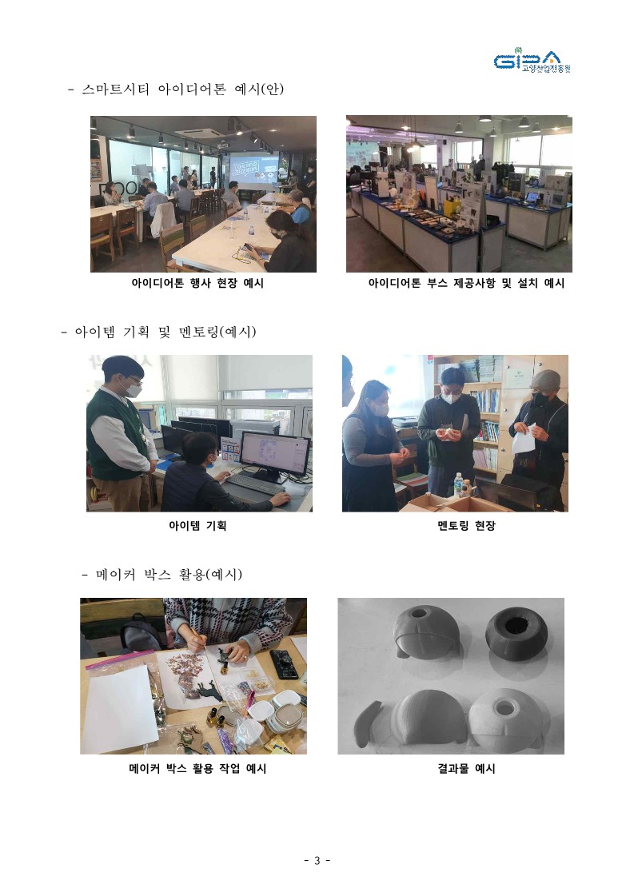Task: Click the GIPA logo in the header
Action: (x=532, y=61)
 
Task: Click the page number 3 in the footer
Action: (x=317, y=860)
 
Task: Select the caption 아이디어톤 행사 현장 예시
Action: (x=197, y=283)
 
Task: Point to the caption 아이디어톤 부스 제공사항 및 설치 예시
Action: (x=466, y=283)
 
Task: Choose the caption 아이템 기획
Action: (x=197, y=526)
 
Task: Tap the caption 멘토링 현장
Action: (x=466, y=526)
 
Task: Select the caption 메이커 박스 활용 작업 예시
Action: (x=197, y=769)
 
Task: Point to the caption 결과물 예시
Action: (x=466, y=769)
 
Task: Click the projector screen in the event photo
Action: (x=253, y=169)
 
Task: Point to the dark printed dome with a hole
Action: (x=516, y=632)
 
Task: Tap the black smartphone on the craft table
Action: (x=284, y=664)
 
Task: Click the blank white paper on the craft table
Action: (x=122, y=707)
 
